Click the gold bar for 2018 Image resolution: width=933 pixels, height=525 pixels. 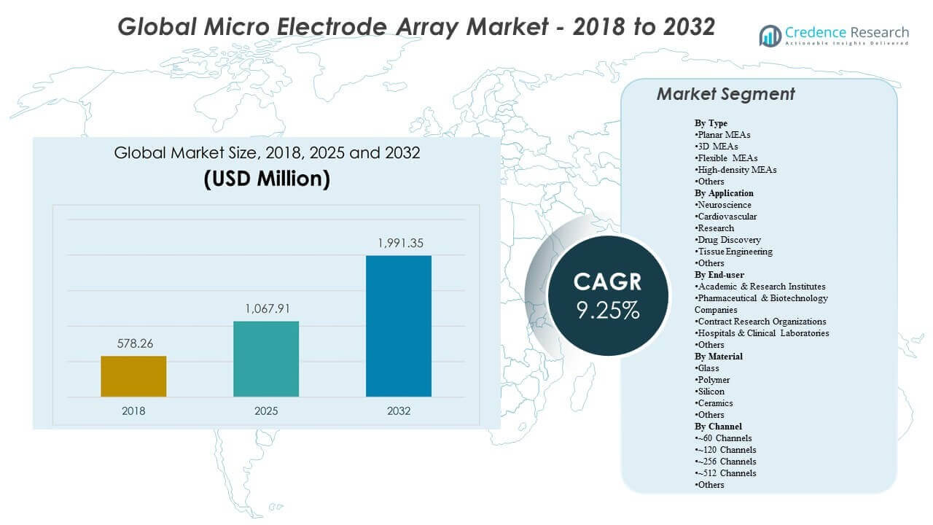(x=133, y=376)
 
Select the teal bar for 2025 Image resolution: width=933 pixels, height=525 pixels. (x=266, y=359)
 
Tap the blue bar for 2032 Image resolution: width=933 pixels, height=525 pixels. (x=399, y=326)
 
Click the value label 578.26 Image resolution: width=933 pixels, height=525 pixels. (x=133, y=343)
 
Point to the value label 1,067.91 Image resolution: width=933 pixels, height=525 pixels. (x=266, y=308)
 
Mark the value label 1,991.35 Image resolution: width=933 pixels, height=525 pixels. (x=399, y=243)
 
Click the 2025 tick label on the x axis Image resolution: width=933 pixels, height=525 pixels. (x=266, y=411)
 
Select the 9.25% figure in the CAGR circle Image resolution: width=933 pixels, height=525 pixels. (x=607, y=310)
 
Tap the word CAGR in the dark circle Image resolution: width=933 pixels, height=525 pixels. (x=607, y=281)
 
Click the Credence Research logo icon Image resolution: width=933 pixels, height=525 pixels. (x=770, y=35)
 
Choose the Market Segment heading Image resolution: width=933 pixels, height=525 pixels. (x=725, y=94)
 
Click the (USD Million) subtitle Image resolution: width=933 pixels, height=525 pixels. (x=267, y=179)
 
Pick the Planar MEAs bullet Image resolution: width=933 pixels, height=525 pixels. (x=723, y=135)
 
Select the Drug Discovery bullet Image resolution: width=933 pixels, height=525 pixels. (x=728, y=240)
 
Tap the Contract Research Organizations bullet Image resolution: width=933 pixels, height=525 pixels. (x=761, y=322)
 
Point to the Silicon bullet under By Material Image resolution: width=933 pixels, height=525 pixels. (x=710, y=392)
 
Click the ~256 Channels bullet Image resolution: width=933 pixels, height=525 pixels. (x=726, y=462)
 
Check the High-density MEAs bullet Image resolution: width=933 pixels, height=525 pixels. (x=736, y=170)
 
